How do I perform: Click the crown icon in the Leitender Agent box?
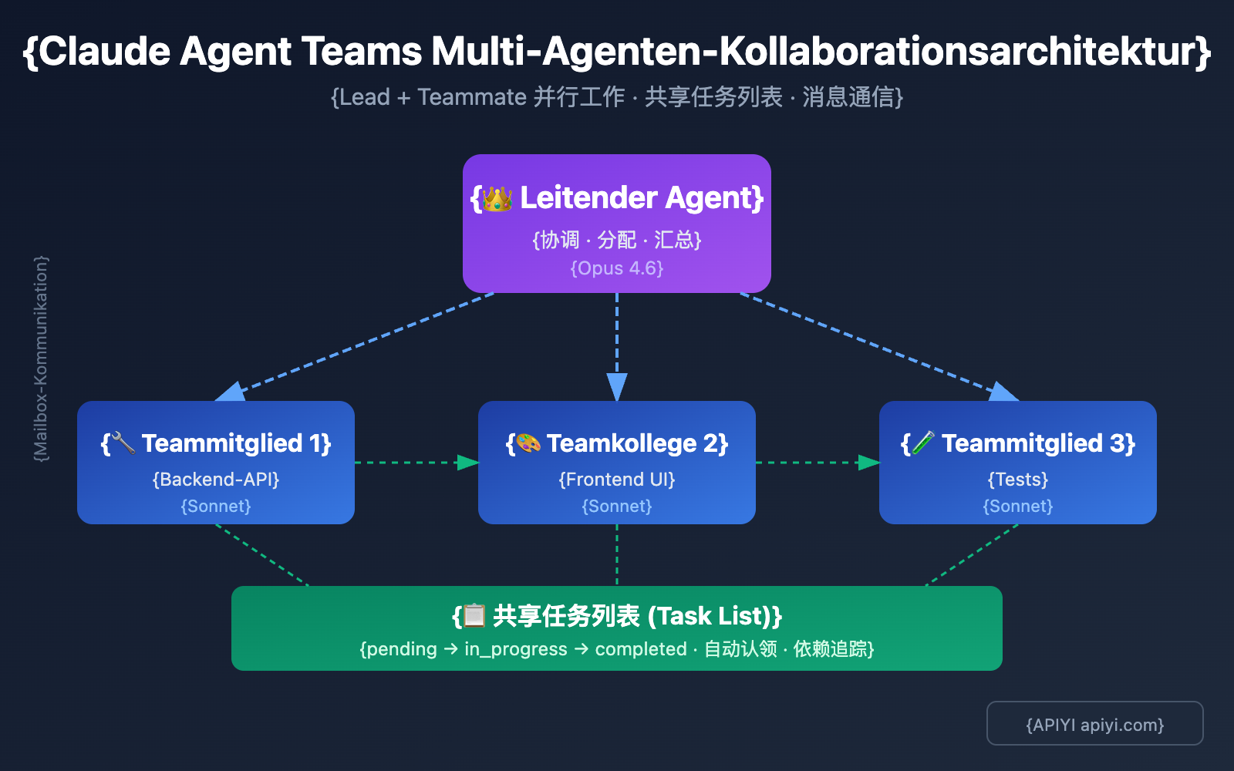[497, 199]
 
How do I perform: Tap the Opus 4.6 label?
[617, 268]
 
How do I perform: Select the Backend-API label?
[216, 480]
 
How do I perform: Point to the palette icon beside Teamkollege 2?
[528, 443]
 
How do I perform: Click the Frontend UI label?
[617, 480]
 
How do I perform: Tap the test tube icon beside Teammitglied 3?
[923, 443]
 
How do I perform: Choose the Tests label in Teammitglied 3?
[1018, 480]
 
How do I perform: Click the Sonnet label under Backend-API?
[216, 507]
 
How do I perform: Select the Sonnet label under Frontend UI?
[617, 507]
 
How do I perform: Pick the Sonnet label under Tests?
[1018, 507]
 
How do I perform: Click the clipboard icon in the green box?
[474, 616]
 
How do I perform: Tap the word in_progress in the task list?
[515, 649]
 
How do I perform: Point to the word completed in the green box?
[641, 649]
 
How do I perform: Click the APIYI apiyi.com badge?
[1094, 724]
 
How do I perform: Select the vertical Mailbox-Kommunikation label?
[41, 359]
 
